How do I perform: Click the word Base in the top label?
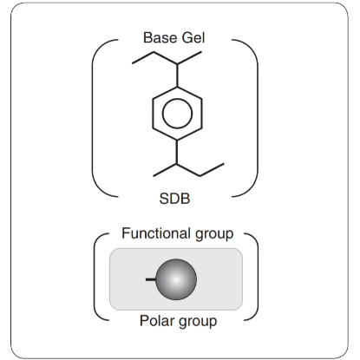pos(160,37)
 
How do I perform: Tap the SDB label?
pos(174,199)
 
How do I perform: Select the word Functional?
pos(156,233)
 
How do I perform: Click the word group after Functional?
pos(214,234)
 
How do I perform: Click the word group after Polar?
pos(198,322)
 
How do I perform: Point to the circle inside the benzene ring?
pos(177,114)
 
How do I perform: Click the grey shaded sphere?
pos(176,279)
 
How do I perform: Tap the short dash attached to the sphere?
pos(151,279)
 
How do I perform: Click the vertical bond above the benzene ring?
pos(177,75)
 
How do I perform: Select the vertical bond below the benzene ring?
pos(177,152)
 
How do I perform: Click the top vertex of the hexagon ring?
pos(177,87)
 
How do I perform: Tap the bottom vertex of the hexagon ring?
pos(177,141)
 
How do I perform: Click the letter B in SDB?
pos(185,199)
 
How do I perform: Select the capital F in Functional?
pos(126,233)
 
